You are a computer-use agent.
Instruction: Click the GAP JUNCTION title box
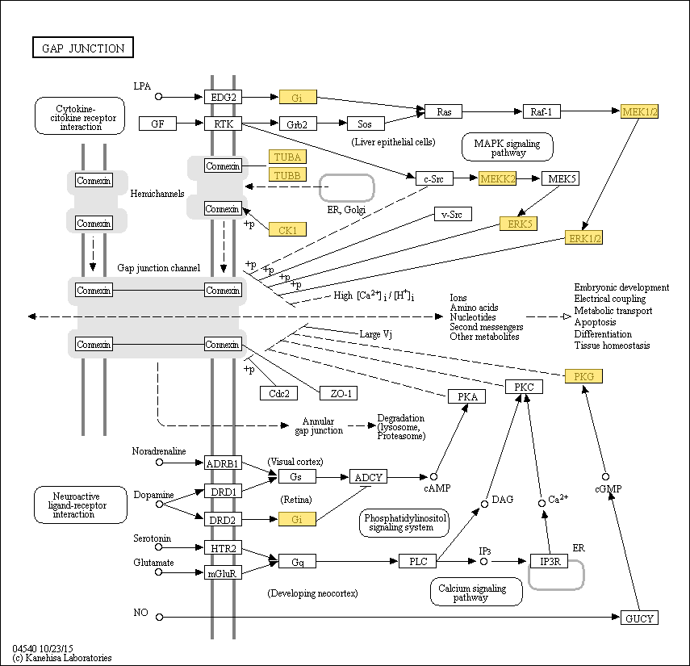(x=83, y=48)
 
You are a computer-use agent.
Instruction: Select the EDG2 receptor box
(x=223, y=97)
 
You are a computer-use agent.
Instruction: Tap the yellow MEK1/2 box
(x=639, y=111)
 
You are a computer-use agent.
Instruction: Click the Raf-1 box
(x=542, y=111)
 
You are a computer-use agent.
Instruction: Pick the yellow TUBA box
(x=287, y=157)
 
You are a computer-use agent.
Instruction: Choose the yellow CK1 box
(x=287, y=229)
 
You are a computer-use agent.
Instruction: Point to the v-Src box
(x=453, y=214)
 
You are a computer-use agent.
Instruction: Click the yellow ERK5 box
(x=518, y=224)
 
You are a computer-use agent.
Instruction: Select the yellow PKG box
(x=583, y=376)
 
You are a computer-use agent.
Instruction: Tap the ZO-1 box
(x=338, y=393)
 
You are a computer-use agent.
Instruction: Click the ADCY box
(x=368, y=477)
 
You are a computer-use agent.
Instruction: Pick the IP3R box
(x=549, y=561)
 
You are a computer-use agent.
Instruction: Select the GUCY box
(x=639, y=618)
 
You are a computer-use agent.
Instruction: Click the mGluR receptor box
(x=223, y=572)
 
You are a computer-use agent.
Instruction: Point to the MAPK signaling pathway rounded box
(x=508, y=147)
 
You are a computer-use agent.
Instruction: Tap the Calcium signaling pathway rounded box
(x=476, y=592)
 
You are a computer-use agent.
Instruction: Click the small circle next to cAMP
(x=434, y=477)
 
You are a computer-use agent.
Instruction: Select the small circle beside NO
(x=159, y=617)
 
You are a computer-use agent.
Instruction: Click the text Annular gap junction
(x=319, y=425)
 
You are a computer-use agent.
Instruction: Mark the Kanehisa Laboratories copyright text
(x=62, y=658)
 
